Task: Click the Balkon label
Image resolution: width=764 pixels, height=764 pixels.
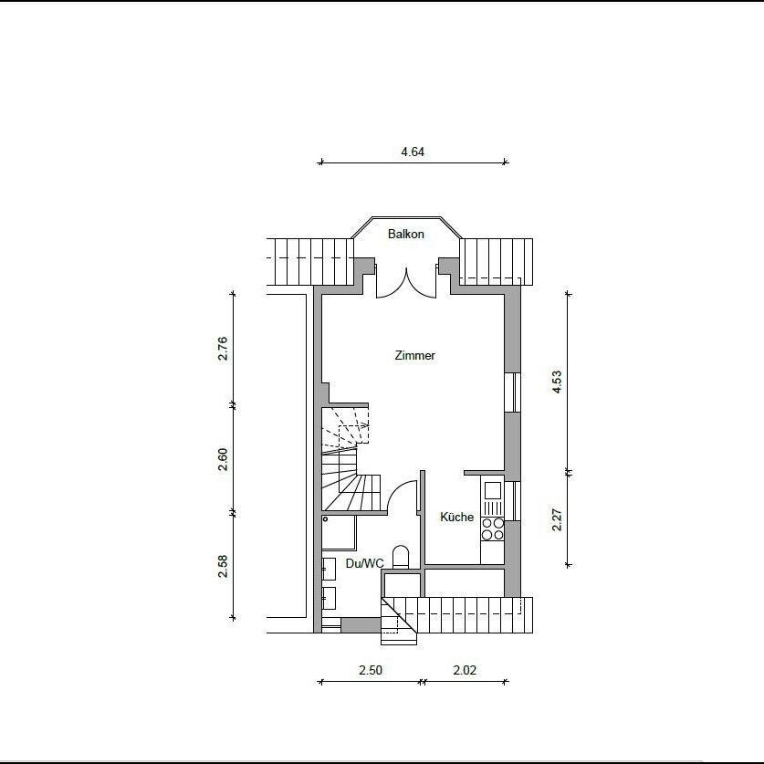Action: point(406,234)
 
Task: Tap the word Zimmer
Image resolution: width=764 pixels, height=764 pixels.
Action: point(414,355)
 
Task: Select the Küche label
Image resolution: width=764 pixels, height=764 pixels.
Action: point(457,517)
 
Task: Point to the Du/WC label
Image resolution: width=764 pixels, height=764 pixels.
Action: point(365,563)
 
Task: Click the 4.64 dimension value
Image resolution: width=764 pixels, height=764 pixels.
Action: point(413,152)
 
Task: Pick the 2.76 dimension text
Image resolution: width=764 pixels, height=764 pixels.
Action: point(223,348)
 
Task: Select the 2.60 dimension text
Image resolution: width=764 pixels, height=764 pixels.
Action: point(223,459)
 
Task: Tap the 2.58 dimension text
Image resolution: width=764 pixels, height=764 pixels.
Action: point(223,566)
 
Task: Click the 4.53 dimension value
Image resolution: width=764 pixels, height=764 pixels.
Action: point(557,382)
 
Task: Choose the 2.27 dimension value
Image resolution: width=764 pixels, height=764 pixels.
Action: point(557,519)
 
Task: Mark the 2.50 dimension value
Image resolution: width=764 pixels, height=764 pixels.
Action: point(371,670)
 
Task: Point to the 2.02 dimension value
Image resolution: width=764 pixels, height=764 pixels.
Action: point(465,670)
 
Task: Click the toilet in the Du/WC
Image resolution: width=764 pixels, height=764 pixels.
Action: point(401,557)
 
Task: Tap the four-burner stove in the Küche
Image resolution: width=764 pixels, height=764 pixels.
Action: point(493,529)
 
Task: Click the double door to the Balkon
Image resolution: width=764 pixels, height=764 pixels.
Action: point(406,283)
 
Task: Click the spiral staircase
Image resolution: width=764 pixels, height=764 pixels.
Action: point(345,458)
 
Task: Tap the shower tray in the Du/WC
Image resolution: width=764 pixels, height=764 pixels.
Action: point(339,532)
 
